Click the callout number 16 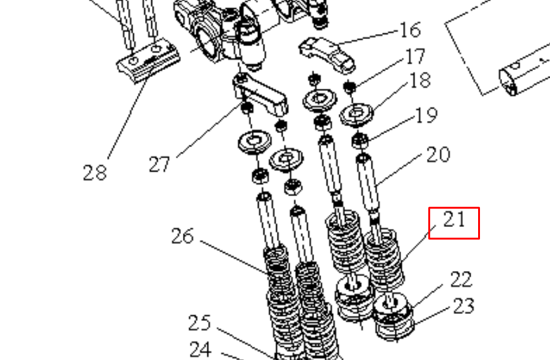(410, 30)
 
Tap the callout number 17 (415, 57)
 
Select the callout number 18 (420, 81)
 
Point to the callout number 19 (426, 116)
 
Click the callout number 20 (438, 154)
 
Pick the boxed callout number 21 (454, 220)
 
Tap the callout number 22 (460, 279)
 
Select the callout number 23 (464, 306)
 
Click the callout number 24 (200, 349)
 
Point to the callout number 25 (199, 323)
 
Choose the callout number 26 (182, 236)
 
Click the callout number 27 (160, 165)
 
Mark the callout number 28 (95, 172)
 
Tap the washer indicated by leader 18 (357, 115)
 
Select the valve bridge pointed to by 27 (260, 95)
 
